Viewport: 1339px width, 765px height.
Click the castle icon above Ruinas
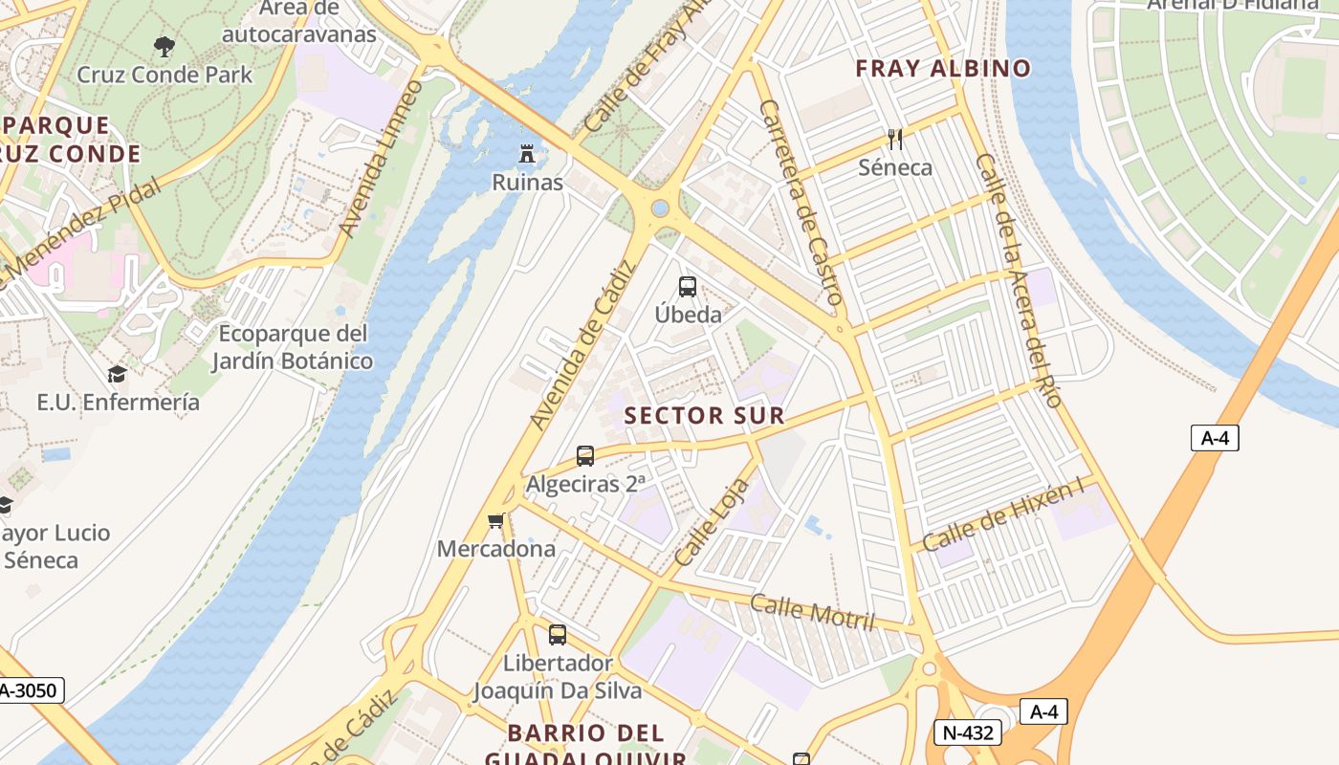pyautogui.click(x=526, y=153)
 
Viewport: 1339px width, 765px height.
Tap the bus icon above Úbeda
pyautogui.click(x=687, y=286)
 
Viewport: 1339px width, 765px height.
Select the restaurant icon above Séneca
pyautogui.click(x=895, y=140)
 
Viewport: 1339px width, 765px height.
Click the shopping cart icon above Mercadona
pyautogui.click(x=495, y=521)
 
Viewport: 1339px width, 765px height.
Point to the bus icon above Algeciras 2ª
pyautogui.click(x=585, y=456)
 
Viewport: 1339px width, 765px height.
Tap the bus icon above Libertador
pyautogui.click(x=557, y=634)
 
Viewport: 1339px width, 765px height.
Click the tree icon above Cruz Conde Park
pyautogui.click(x=165, y=46)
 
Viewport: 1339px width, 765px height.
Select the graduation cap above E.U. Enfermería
pyautogui.click(x=117, y=374)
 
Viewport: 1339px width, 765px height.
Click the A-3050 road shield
pyautogui.click(x=29, y=690)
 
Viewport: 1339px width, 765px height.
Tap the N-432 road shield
pyautogui.click(x=968, y=732)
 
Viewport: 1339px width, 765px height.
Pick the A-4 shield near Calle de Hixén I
pyautogui.click(x=1215, y=438)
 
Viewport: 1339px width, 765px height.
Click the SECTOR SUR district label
pyautogui.click(x=704, y=416)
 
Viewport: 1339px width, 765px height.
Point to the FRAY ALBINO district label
pyautogui.click(x=942, y=69)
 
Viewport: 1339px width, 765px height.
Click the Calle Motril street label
pyautogui.click(x=812, y=612)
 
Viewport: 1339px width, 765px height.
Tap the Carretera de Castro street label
pyautogui.click(x=801, y=203)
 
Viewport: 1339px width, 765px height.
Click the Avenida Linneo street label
pyautogui.click(x=381, y=158)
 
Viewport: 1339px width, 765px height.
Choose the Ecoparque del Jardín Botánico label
pyautogui.click(x=292, y=347)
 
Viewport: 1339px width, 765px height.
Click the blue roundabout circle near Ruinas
pyautogui.click(x=660, y=208)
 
